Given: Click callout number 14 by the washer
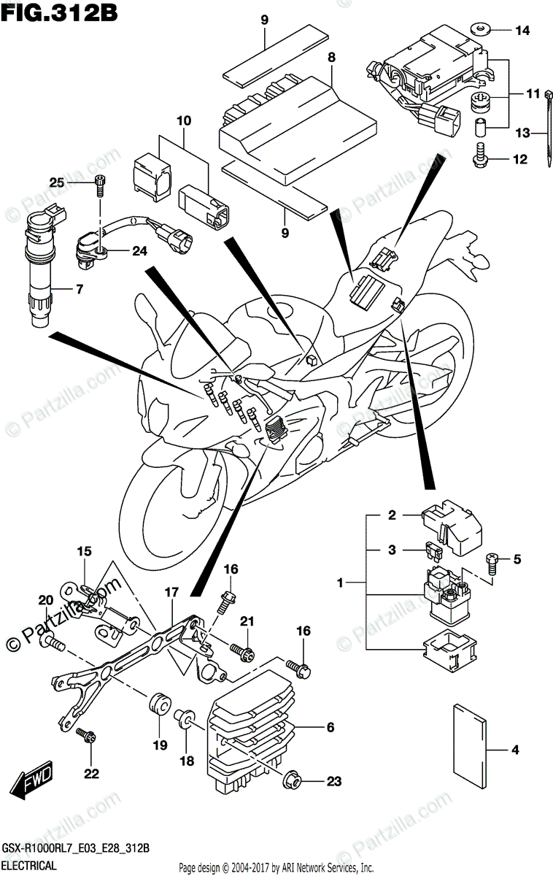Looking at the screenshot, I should click(522, 31).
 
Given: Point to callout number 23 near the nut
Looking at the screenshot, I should click(333, 782).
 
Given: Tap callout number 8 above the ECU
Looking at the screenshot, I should click(331, 56).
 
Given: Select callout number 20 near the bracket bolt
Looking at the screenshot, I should click(45, 599).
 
